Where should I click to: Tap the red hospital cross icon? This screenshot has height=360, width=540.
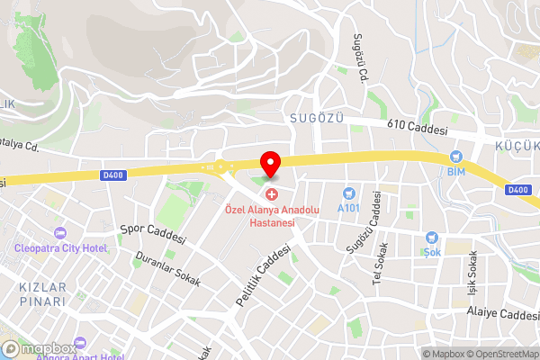(x=271, y=194)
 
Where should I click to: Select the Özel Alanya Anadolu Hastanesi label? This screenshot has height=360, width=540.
(x=271, y=217)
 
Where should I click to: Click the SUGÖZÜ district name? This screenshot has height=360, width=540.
(x=317, y=118)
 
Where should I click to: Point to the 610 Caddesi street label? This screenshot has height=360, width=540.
(x=418, y=130)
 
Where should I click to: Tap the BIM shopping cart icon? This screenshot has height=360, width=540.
(x=456, y=156)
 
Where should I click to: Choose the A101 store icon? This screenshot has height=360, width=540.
(x=348, y=193)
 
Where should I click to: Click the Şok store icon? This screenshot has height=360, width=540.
(x=433, y=238)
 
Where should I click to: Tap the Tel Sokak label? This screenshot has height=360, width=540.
(x=381, y=262)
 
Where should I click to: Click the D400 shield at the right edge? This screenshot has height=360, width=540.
(x=517, y=189)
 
